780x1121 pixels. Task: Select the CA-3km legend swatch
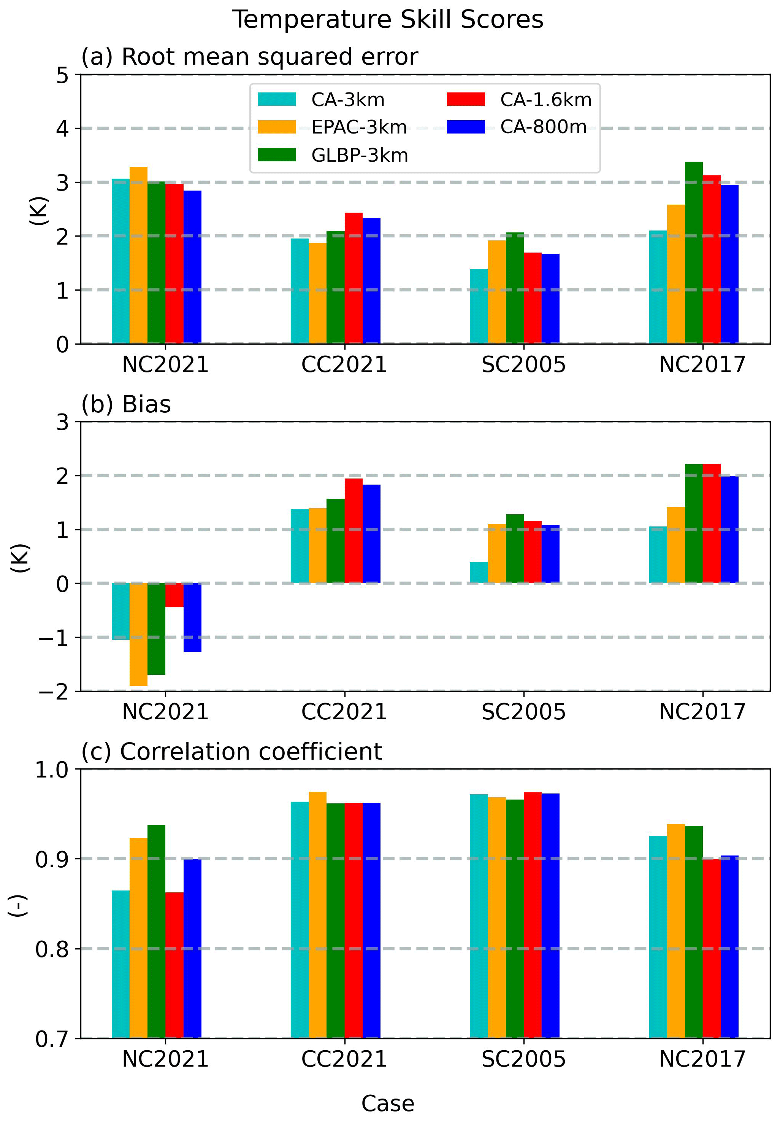(277, 100)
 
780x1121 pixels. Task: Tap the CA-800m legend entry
(543, 127)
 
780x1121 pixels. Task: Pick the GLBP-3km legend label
(360, 155)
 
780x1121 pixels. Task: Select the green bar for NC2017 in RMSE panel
(693, 253)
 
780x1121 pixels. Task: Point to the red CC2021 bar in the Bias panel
(354, 531)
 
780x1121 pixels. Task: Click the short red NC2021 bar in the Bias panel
(174, 595)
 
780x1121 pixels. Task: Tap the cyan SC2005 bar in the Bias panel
(479, 572)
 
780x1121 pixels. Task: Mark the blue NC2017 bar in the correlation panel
(729, 947)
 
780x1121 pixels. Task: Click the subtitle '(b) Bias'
(126, 404)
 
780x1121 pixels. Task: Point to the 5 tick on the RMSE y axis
(62, 76)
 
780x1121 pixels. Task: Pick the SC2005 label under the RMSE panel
(523, 365)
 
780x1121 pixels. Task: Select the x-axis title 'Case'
(388, 1104)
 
